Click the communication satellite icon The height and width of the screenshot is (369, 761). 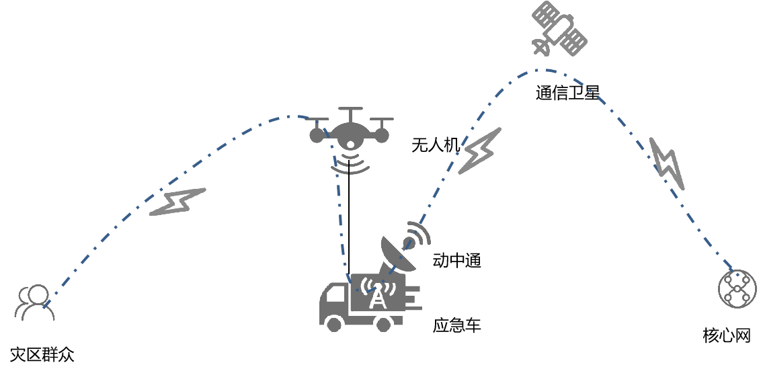coord(559,30)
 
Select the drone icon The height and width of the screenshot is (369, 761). coord(350,131)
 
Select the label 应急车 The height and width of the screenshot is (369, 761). coord(457,327)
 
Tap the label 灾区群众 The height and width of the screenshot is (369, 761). coord(42,354)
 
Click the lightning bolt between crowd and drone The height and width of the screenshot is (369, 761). coord(176,202)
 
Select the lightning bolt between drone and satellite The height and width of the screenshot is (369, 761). coord(479,151)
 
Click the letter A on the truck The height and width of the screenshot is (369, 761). coord(379,297)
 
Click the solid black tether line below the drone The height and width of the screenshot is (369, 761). coord(350,222)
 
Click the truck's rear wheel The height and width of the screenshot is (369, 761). coord(384,324)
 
